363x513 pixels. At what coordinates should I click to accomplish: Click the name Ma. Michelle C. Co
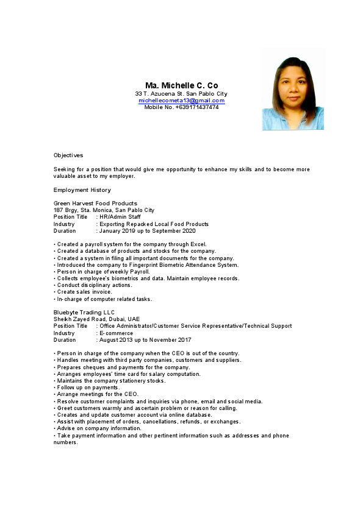click(181, 85)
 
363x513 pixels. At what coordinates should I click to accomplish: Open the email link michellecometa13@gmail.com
click(181, 101)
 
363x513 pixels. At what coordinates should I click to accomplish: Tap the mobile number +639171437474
click(196, 107)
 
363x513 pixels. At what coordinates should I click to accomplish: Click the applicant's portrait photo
click(293, 90)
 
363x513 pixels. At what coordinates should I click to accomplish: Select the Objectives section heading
click(68, 155)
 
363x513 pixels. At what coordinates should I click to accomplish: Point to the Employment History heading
click(82, 190)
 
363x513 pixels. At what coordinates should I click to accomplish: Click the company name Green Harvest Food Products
click(95, 203)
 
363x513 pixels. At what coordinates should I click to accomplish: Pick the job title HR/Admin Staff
click(120, 217)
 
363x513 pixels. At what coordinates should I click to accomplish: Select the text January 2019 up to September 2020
click(148, 231)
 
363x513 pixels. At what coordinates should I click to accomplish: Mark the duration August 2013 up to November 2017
click(145, 340)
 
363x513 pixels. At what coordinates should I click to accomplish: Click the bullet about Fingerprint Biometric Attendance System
click(146, 265)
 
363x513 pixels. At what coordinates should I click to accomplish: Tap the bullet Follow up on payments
click(87, 387)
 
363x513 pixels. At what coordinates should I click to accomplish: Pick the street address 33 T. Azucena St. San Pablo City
click(181, 94)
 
